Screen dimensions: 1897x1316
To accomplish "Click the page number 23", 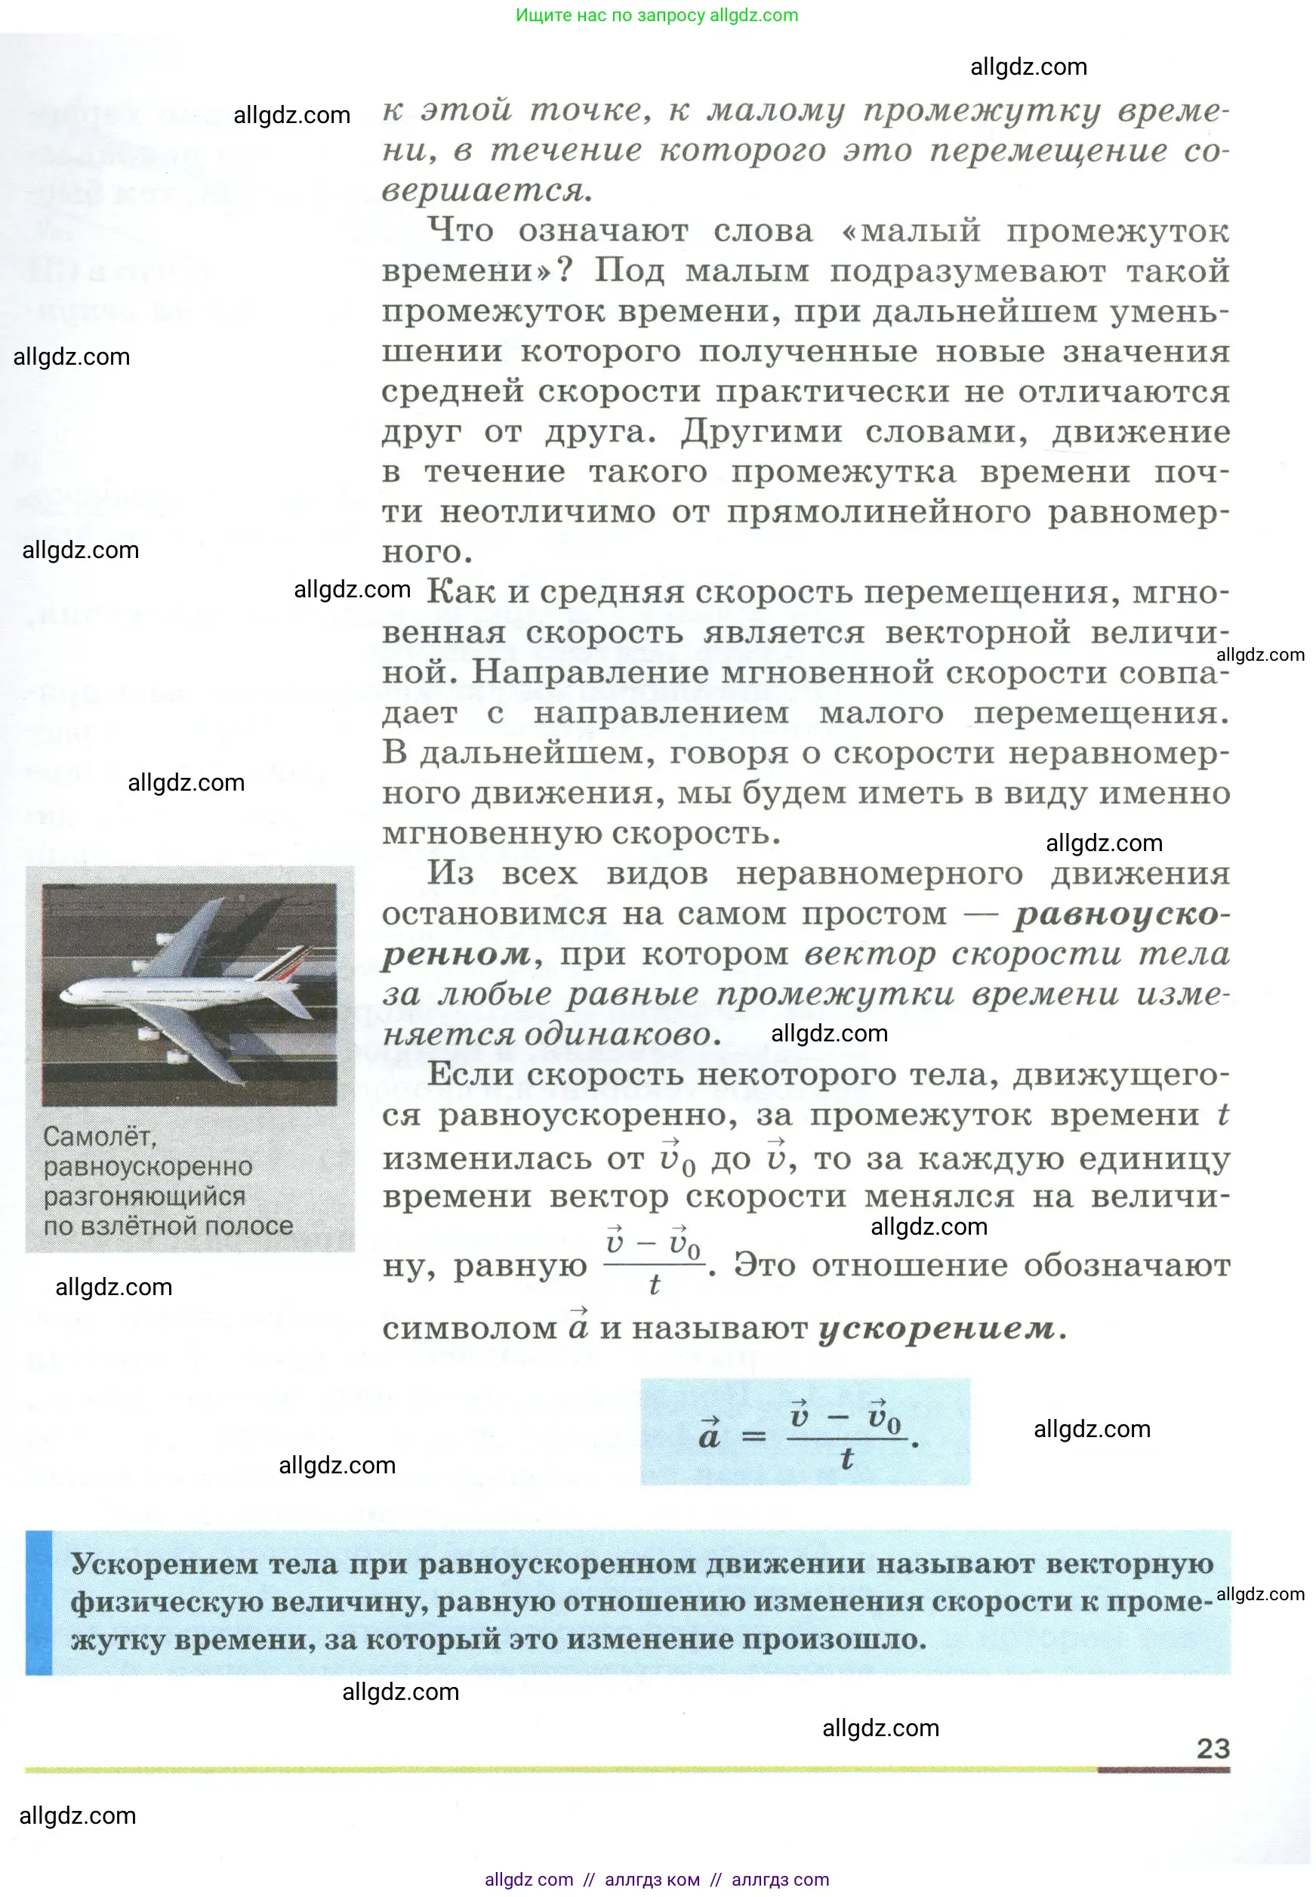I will (x=1213, y=1747).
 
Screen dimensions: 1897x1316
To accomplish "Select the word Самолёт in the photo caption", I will (x=100, y=1137).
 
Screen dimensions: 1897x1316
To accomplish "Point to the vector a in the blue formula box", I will (x=709, y=1436).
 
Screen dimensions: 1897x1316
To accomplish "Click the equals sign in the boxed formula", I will (x=754, y=1437).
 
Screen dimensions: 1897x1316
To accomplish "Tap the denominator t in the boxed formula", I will (x=846, y=1459).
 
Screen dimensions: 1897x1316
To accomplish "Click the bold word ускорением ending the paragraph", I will (x=937, y=1328).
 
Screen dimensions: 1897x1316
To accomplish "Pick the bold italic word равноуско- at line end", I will (x=1122, y=914).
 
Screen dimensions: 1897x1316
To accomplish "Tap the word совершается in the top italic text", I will (x=486, y=190).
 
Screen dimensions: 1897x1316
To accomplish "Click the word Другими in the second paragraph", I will (x=761, y=431).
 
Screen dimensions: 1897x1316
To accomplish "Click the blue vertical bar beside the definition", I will (x=39, y=1602).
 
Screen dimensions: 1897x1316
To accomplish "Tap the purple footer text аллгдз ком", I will (x=652, y=1880).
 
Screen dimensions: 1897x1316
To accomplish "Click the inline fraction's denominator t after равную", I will (x=655, y=1285).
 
